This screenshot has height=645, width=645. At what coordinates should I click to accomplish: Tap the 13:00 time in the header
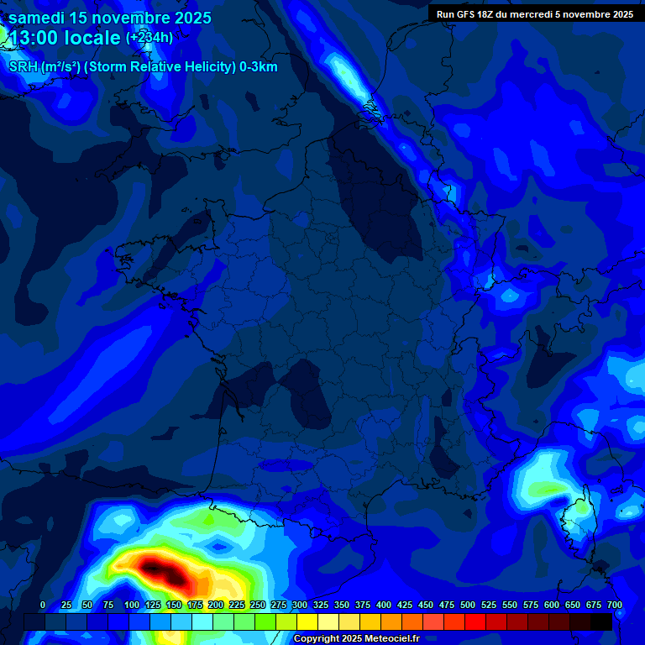pos(34,38)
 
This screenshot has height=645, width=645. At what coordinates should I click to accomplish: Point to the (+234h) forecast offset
pos(149,38)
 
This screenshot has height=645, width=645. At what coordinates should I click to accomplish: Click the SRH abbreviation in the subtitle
pos(23,67)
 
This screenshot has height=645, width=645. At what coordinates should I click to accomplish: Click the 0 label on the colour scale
pos(43,605)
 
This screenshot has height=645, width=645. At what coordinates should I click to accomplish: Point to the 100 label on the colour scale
pos(132,605)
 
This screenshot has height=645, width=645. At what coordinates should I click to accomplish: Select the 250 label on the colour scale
pos(258,605)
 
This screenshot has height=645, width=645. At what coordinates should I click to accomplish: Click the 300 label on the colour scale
pos(300,605)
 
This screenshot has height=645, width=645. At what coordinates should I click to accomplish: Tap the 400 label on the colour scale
pos(384,605)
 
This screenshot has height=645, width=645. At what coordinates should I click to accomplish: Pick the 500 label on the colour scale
pos(468,605)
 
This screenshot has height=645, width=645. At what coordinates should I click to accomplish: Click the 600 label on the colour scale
pos(552,605)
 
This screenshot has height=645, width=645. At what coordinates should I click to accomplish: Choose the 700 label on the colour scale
pos(615,605)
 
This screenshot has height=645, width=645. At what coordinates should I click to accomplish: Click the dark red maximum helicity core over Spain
pos(161,570)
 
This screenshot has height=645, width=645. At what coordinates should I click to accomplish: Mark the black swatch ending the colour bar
pos(601,621)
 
